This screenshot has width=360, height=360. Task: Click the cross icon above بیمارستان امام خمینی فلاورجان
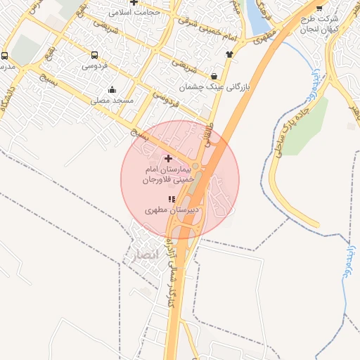(167, 159)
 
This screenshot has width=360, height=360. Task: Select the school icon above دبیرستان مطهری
(172, 199)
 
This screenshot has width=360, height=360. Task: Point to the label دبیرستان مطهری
(173, 210)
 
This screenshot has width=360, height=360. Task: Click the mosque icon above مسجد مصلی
(112, 89)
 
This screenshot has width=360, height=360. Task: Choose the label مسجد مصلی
(112, 101)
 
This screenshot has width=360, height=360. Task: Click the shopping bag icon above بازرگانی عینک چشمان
(213, 76)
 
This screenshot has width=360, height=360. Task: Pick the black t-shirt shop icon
(229, 53)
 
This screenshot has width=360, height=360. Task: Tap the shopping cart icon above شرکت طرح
(320, 8)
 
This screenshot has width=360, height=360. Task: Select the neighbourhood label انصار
(134, 255)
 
